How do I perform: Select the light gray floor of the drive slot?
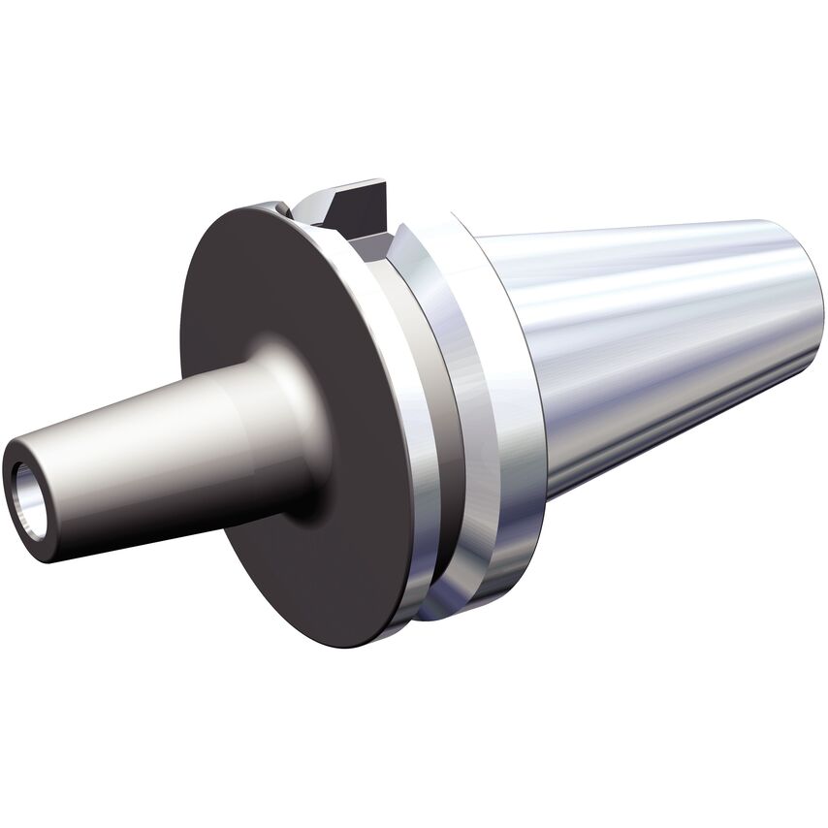[368, 237]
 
